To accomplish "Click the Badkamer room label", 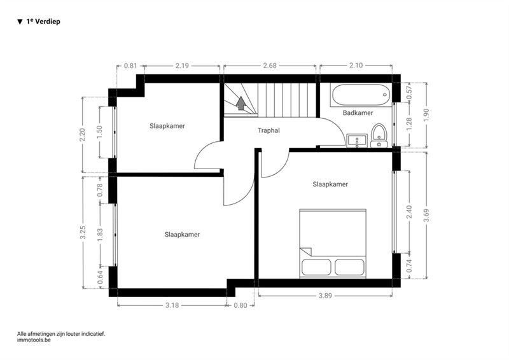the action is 358,113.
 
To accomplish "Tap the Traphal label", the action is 268,130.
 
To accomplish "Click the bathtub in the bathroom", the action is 361,95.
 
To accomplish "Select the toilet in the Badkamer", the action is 379,135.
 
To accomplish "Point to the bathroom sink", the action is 357,141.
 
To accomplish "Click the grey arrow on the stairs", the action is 241,103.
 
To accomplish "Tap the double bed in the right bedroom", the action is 333,244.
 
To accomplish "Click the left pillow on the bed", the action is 316,267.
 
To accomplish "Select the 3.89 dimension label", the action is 325,296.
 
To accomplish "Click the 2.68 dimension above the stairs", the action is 270,66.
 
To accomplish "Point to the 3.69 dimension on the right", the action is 426,215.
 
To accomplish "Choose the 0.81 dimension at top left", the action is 130,66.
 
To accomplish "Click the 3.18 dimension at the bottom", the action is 172,305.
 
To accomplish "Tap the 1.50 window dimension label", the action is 100,132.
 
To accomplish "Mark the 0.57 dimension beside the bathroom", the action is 409,92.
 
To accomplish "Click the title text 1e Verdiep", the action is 43,22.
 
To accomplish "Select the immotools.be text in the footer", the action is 34,340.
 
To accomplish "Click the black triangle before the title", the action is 20,22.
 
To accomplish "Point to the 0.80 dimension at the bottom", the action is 241,305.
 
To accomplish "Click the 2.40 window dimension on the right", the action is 409,212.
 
